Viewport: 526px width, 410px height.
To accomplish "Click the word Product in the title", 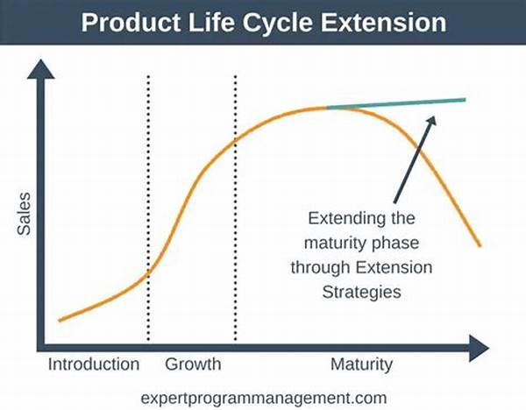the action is tap(131, 23).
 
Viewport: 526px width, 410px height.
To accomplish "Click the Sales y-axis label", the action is tap(25, 214).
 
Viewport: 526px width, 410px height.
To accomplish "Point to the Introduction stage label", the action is tap(94, 364).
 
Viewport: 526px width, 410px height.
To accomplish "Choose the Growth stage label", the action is tap(193, 364).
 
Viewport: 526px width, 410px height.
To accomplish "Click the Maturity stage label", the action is tap(361, 364).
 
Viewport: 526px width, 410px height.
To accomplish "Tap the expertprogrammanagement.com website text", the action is tap(264, 399).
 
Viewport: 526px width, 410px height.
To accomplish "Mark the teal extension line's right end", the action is tap(466, 100).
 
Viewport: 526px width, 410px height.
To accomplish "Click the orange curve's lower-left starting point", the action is tap(60, 321).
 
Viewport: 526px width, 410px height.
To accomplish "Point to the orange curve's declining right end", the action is tap(480, 245).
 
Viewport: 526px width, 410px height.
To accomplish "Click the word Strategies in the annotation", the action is tap(361, 293).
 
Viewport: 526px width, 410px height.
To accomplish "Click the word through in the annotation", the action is tap(321, 268).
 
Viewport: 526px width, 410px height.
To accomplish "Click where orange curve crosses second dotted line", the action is tap(235, 140).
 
